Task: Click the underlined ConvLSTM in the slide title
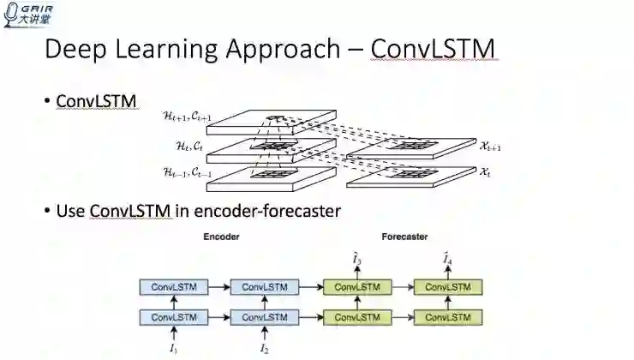433,49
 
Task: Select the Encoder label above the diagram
221,237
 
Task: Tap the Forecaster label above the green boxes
404,237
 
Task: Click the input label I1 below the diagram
174,349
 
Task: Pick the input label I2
265,349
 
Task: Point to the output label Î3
357,259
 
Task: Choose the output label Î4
447,259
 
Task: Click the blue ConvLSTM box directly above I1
174,317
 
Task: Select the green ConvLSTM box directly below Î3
357,286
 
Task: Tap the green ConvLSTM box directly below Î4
448,286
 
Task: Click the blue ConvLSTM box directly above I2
265,317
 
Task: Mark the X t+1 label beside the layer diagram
491,147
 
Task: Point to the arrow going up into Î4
448,272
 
